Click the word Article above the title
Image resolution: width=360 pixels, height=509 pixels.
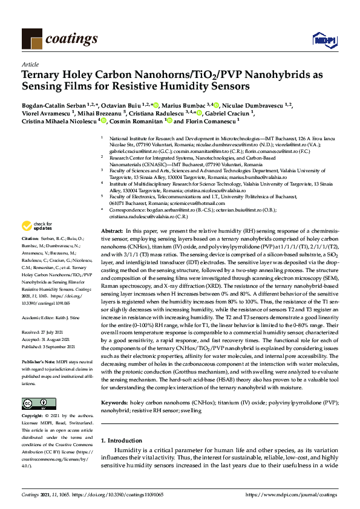(30, 63)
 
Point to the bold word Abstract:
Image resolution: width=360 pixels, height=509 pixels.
(113, 232)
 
